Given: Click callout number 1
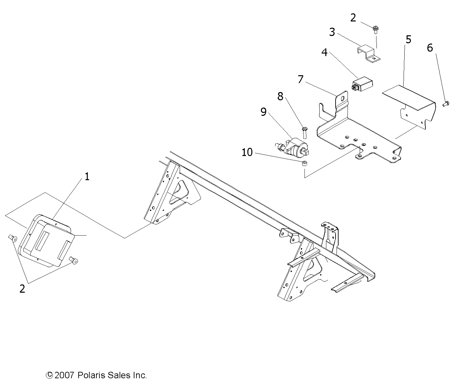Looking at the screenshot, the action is [87, 177].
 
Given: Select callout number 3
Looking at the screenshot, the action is [332, 32].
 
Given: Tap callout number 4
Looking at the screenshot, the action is [324, 52].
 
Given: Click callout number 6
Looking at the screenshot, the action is [430, 48].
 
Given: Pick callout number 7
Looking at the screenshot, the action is [301, 80].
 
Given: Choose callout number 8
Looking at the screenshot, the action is [280, 96].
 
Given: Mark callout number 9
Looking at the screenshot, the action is [264, 112].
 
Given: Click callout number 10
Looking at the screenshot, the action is [247, 152].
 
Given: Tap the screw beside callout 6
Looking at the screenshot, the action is [446, 104].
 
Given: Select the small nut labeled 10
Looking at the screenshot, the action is [305, 163].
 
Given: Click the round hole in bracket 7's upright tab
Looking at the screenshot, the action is [343, 98].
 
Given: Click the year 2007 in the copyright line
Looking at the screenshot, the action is [64, 375].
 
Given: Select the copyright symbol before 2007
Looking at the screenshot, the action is [49, 375].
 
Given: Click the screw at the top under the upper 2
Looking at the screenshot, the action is [376, 30].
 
